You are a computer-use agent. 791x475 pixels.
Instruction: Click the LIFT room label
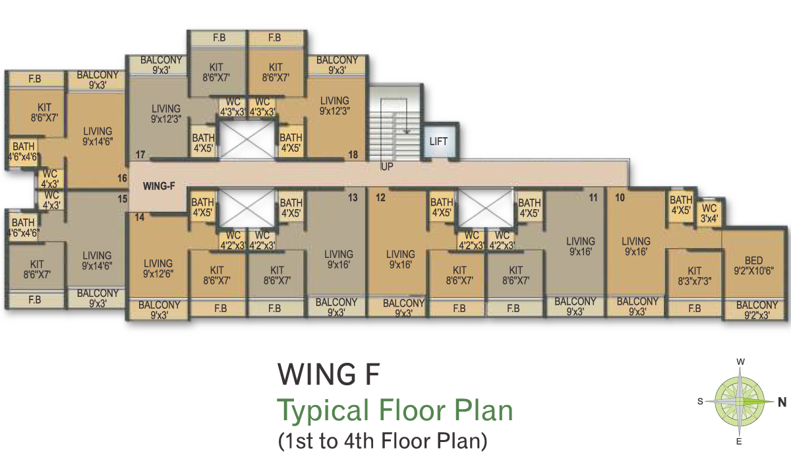click(438, 142)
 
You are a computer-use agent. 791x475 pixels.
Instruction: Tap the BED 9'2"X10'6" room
click(753, 265)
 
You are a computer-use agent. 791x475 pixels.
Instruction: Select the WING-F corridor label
click(159, 186)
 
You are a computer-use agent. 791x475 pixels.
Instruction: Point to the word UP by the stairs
click(387, 166)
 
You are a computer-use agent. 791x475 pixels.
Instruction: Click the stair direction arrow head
click(407, 131)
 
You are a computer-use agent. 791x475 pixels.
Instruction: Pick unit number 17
click(140, 155)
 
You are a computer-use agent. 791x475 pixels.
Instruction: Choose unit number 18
click(353, 155)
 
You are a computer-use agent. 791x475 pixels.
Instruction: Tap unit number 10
click(620, 197)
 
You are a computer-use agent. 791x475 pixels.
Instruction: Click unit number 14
click(140, 217)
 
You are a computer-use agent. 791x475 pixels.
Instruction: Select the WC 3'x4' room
click(709, 214)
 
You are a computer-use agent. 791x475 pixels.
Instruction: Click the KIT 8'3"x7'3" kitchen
click(694, 276)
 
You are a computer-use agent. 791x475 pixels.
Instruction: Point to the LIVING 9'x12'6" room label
click(158, 269)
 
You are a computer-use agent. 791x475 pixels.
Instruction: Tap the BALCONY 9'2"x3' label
click(757, 310)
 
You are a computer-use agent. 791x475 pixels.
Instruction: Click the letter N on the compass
click(782, 402)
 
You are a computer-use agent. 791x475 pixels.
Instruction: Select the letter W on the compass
click(740, 362)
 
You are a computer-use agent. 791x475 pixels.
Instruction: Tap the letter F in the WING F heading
click(372, 374)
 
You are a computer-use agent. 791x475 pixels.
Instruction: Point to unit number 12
click(380, 197)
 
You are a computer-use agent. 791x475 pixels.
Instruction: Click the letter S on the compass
click(700, 402)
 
